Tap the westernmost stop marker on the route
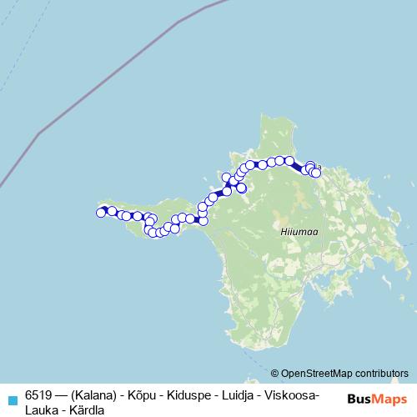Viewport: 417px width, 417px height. point(101,213)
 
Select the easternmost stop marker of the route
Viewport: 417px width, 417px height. point(316,173)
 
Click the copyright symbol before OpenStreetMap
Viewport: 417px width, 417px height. point(275,373)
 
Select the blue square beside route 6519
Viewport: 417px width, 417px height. point(11,397)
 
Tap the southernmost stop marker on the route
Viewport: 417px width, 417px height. point(158,233)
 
